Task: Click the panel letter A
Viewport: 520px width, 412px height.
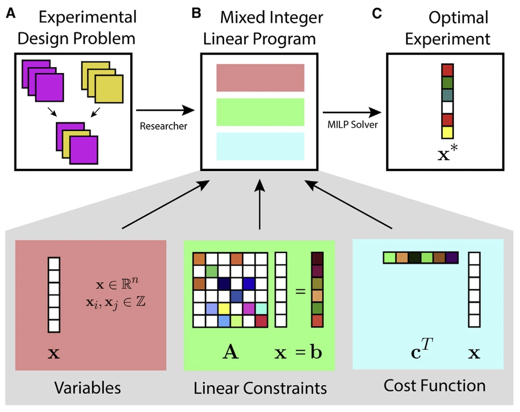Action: pyautogui.click(x=11, y=14)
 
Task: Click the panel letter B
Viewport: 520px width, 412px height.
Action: pyautogui.click(x=196, y=14)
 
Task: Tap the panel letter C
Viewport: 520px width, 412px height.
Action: pyautogui.click(x=377, y=14)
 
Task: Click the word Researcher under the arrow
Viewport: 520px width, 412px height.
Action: pyautogui.click(x=163, y=126)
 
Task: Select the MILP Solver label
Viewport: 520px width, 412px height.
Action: pyautogui.click(x=353, y=125)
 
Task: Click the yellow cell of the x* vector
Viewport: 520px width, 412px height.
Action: pyautogui.click(x=448, y=132)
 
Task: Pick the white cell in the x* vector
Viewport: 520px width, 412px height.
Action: pyautogui.click(x=448, y=108)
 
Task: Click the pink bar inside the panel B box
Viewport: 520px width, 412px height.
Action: pyautogui.click(x=260, y=78)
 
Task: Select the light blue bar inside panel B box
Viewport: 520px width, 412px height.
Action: pyautogui.click(x=260, y=146)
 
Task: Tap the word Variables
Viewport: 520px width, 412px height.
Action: pyautogui.click(x=87, y=388)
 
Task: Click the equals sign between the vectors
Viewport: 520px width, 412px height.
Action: pyautogui.click(x=300, y=291)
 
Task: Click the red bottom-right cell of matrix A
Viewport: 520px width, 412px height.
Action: pyautogui.click(x=261, y=321)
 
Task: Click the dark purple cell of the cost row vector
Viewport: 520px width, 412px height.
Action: pyautogui.click(x=452, y=258)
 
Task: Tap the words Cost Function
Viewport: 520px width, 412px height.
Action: pyautogui.click(x=434, y=386)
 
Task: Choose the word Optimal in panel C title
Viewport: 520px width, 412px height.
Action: pyautogui.click(x=458, y=17)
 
